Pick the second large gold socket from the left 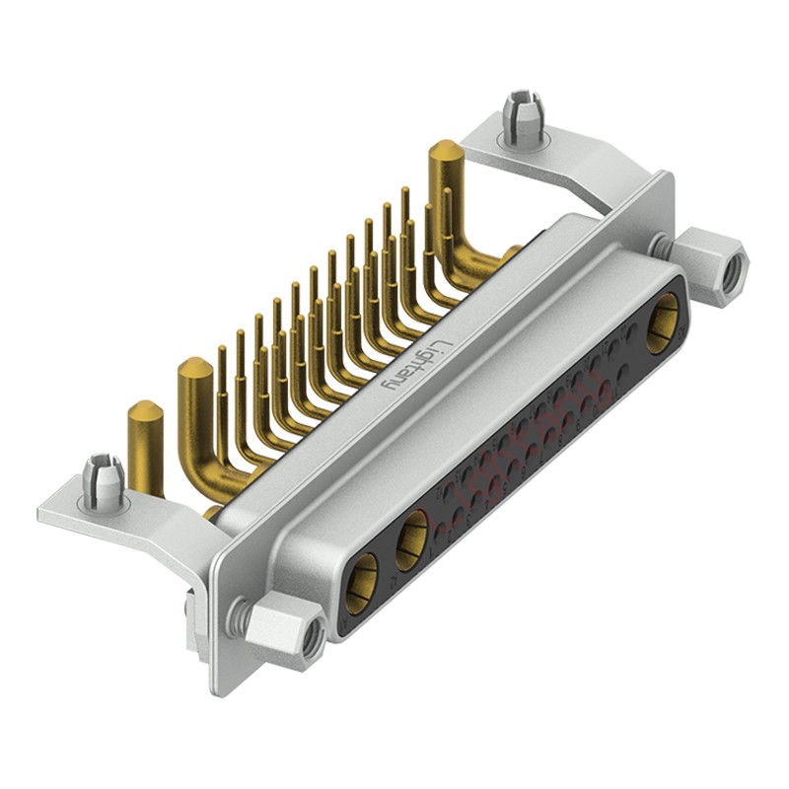coord(412,540)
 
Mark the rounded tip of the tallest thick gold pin coord(444,151)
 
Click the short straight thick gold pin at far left coord(146,444)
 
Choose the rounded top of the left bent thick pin coord(193,371)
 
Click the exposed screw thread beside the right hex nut coord(664,243)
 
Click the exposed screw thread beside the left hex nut coord(236,617)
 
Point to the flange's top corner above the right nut coord(667,179)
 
